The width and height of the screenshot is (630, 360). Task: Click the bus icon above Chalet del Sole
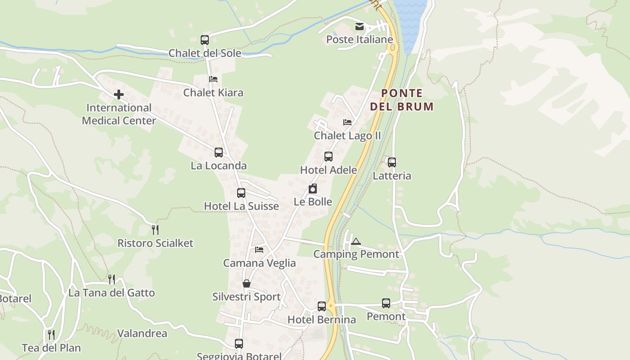205,40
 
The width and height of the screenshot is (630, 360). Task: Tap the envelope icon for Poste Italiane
360,27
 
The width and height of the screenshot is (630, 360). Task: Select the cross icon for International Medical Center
119,94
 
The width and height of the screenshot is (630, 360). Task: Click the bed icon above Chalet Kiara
213,79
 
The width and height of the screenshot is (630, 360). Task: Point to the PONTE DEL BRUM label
401,100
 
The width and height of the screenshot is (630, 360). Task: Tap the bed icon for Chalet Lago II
347,122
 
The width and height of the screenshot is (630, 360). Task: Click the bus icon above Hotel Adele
328,157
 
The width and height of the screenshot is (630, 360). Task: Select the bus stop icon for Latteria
392,162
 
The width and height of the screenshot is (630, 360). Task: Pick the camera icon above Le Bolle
313,189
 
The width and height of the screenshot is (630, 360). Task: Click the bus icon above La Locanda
219,153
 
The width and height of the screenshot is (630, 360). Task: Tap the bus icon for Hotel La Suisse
241,193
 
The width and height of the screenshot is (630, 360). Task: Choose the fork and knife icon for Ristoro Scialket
155,230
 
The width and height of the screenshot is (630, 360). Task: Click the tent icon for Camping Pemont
356,241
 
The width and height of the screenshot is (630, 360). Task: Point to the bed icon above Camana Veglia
259,250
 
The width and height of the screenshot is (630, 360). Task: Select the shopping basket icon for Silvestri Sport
247,283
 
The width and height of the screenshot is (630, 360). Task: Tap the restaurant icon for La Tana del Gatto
112,279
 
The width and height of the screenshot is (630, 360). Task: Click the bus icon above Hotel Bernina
322,306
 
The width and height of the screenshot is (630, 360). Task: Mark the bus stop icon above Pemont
386,303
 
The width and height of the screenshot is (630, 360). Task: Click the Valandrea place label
142,333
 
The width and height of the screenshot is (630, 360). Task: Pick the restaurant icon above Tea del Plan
51,335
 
